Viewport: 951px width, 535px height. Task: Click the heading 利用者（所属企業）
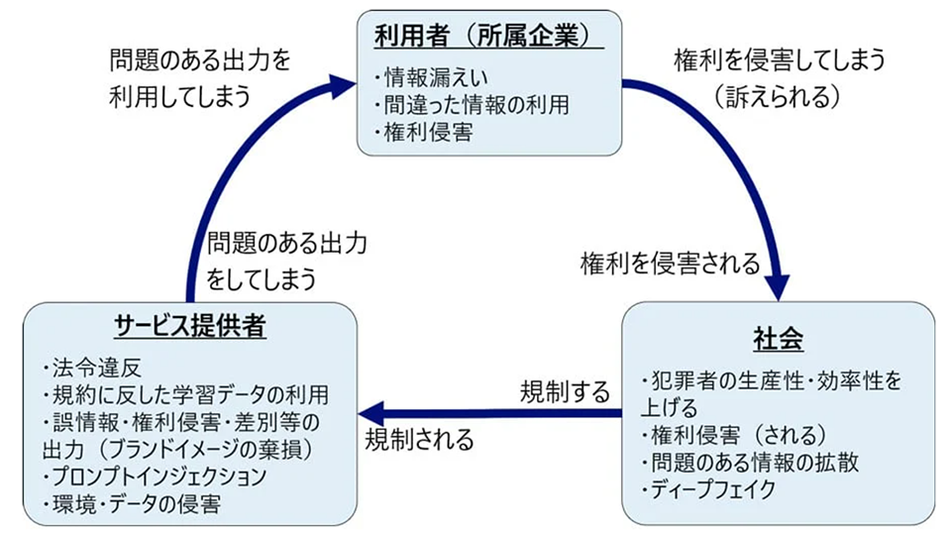[489, 37]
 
